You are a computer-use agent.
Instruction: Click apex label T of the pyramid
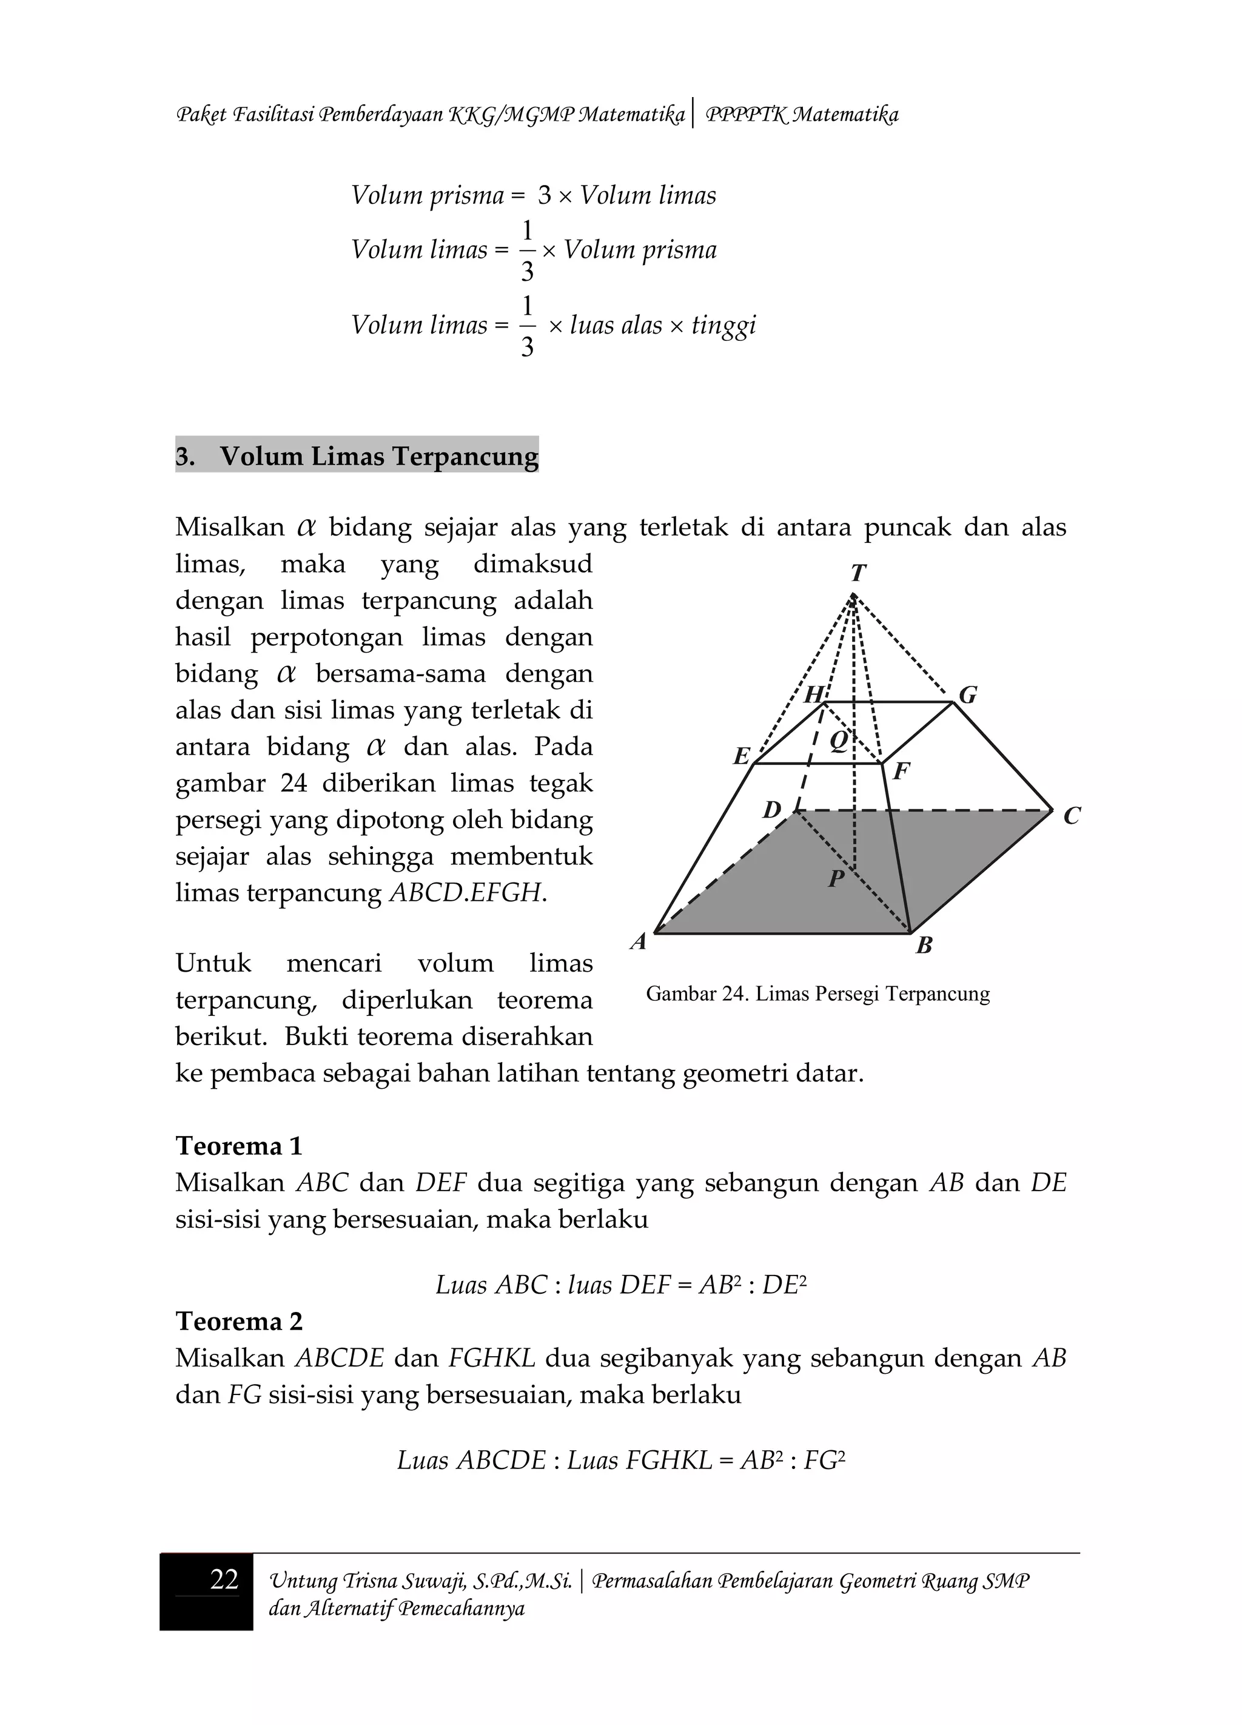click(858, 572)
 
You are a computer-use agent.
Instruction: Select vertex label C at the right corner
click(1072, 816)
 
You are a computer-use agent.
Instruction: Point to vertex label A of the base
click(639, 941)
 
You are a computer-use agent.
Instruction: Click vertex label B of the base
click(924, 946)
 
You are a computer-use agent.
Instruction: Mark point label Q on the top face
click(838, 739)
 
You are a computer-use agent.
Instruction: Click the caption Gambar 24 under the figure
click(817, 994)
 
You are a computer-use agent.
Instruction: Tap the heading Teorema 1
click(239, 1145)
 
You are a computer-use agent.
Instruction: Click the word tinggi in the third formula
click(723, 326)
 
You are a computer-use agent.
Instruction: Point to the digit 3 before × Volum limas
click(544, 195)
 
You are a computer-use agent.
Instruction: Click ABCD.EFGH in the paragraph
click(467, 893)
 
